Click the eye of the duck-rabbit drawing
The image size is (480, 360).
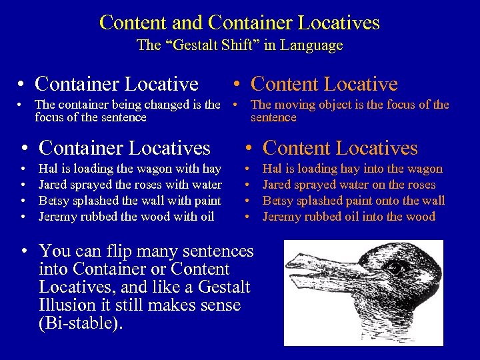[x=397, y=269]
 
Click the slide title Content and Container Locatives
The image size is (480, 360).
[x=239, y=23]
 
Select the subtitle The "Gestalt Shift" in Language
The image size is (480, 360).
[x=239, y=45]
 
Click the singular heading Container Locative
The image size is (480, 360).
[x=116, y=84]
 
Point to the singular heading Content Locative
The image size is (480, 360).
[x=324, y=84]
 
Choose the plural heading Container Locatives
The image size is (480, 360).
[x=125, y=147]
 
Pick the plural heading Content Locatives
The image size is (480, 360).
[x=340, y=147]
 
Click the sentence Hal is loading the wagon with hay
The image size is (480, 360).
[x=130, y=169]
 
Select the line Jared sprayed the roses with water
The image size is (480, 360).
[x=130, y=185]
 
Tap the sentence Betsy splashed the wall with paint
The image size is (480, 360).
[x=130, y=201]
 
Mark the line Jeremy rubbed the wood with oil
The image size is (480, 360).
[x=127, y=216]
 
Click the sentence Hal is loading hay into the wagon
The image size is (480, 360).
[x=353, y=169]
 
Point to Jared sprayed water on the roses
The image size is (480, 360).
[x=349, y=185]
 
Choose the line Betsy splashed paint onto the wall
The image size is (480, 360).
[x=353, y=201]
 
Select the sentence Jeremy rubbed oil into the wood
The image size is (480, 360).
[x=349, y=216]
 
